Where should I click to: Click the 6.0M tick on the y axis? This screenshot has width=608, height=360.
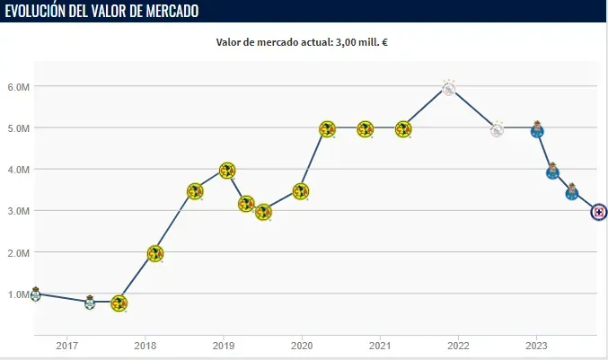(17, 87)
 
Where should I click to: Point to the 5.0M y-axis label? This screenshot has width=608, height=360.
(17, 128)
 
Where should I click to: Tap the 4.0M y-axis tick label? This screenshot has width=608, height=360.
(17, 170)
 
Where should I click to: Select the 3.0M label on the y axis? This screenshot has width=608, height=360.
(17, 211)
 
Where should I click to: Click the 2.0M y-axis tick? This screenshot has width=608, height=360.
(17, 253)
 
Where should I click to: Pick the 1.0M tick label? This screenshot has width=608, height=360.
(17, 294)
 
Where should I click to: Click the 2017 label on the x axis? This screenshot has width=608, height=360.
(67, 345)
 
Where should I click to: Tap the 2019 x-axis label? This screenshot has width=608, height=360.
(224, 345)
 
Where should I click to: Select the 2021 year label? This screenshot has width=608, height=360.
(380, 345)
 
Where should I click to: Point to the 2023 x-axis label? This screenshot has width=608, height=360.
(536, 345)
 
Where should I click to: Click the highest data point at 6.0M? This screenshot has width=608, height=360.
(449, 87)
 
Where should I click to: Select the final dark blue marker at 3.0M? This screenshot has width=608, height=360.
(599, 212)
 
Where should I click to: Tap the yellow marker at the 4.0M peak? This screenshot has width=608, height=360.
(227, 171)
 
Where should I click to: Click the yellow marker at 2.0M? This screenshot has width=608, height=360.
(154, 254)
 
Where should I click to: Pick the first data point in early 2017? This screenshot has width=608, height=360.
(35, 294)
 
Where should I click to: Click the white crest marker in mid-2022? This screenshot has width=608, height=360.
(497, 129)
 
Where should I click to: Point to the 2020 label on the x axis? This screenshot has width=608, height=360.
(302, 345)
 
